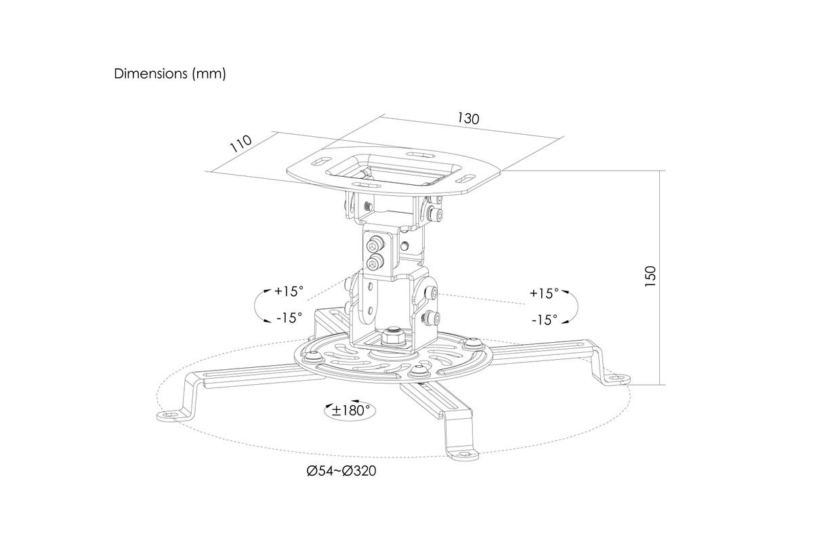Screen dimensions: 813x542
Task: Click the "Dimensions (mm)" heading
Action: [170, 74]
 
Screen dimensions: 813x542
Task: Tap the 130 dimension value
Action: [468, 119]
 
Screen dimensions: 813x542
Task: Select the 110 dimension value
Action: [241, 144]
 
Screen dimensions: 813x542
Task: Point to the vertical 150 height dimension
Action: [650, 276]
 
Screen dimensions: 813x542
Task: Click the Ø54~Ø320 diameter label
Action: [341, 472]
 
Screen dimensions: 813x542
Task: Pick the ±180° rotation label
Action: [351, 411]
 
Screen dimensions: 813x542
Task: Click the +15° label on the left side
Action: [289, 291]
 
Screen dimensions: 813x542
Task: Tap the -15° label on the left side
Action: [289, 318]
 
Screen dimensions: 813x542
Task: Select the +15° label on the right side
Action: [543, 293]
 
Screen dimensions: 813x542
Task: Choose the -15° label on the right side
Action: [545, 320]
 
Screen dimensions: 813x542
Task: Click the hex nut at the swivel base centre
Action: [393, 337]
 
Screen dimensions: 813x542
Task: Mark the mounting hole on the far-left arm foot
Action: [167, 414]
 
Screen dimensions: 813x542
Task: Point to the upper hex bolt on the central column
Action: [374, 246]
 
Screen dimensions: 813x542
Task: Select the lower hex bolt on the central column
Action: [374, 262]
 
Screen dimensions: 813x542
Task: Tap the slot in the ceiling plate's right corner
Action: [469, 179]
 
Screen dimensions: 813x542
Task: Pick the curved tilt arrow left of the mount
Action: [258, 306]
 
